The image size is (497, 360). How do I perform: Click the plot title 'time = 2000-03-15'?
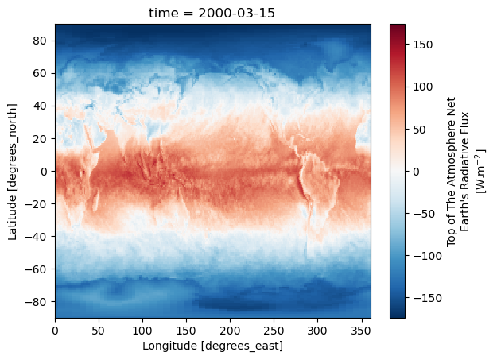coord(212,12)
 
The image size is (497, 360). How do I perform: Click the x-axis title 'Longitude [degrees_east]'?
coord(212,346)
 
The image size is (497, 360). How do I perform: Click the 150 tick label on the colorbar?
coord(422,44)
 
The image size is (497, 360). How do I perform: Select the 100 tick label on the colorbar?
coord(422,87)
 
